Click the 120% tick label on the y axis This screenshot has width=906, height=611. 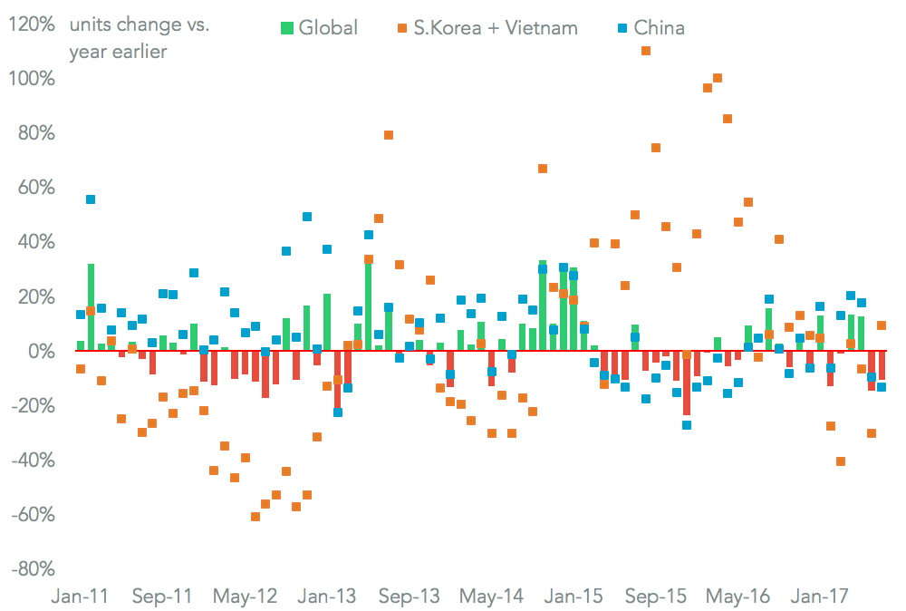point(31,24)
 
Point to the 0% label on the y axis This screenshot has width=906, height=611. point(40,352)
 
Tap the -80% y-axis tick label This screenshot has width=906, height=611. point(32,569)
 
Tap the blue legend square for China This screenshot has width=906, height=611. point(622,28)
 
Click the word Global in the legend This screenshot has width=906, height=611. point(328,28)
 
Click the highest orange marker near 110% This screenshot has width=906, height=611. point(646,51)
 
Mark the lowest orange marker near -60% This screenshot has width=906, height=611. point(255,517)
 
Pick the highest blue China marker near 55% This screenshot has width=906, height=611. point(91,199)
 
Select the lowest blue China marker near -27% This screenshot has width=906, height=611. point(687,425)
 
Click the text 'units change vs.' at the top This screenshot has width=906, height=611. point(139,25)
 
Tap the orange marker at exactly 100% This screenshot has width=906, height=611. point(718,78)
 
